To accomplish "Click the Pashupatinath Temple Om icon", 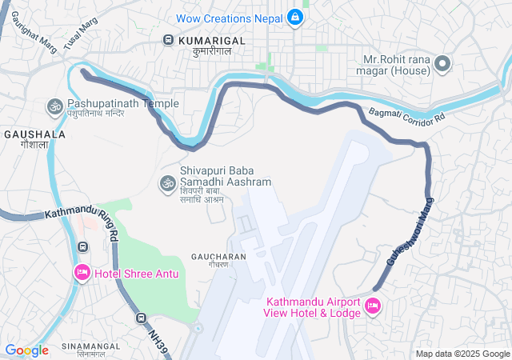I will pyautogui.click(x=55, y=105).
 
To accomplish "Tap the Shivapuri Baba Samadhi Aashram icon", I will pyautogui.click(x=168, y=183).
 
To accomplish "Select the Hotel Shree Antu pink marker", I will pyautogui.click(x=82, y=274).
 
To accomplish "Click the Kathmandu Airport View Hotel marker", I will pyautogui.click(x=372, y=306).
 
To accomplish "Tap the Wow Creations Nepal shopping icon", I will pyautogui.click(x=295, y=17).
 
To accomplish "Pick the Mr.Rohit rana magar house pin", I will pyautogui.click(x=442, y=65).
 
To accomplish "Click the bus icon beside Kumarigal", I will pyautogui.click(x=169, y=39).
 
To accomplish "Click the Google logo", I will pyautogui.click(x=26, y=350).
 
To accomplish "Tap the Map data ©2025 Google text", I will pyautogui.click(x=462, y=354).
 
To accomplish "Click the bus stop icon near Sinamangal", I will pyautogui.click(x=141, y=318).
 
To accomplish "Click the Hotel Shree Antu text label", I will pyautogui.click(x=137, y=274).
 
